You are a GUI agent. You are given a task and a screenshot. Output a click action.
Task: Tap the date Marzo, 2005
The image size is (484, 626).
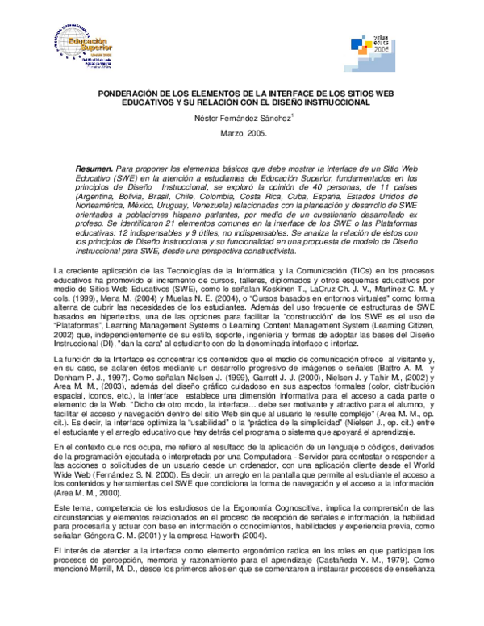tap(243, 134)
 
